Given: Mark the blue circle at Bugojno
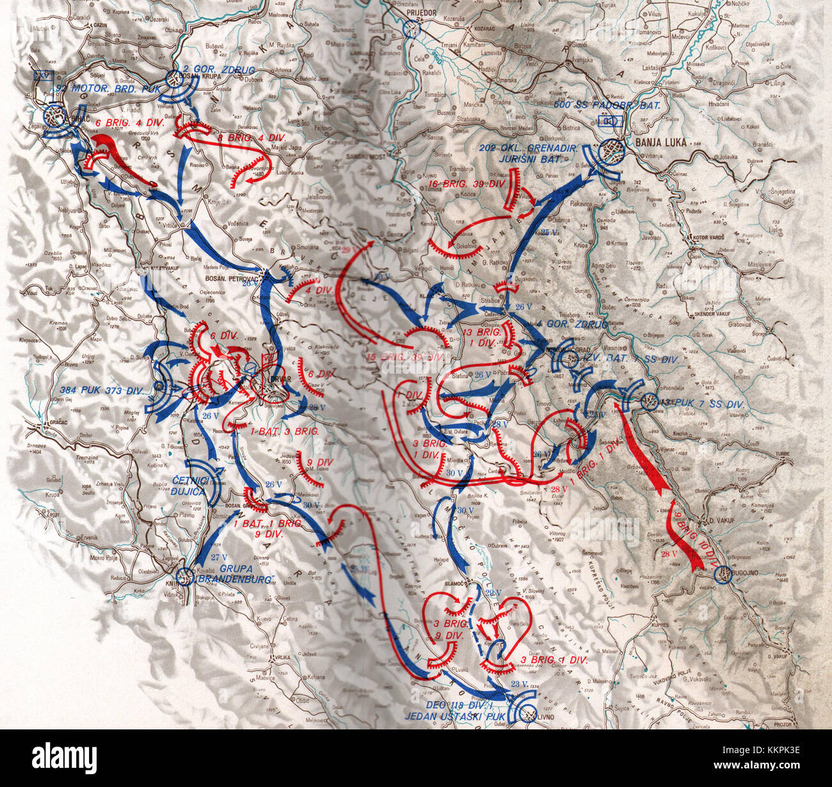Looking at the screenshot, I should tap(723, 575).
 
